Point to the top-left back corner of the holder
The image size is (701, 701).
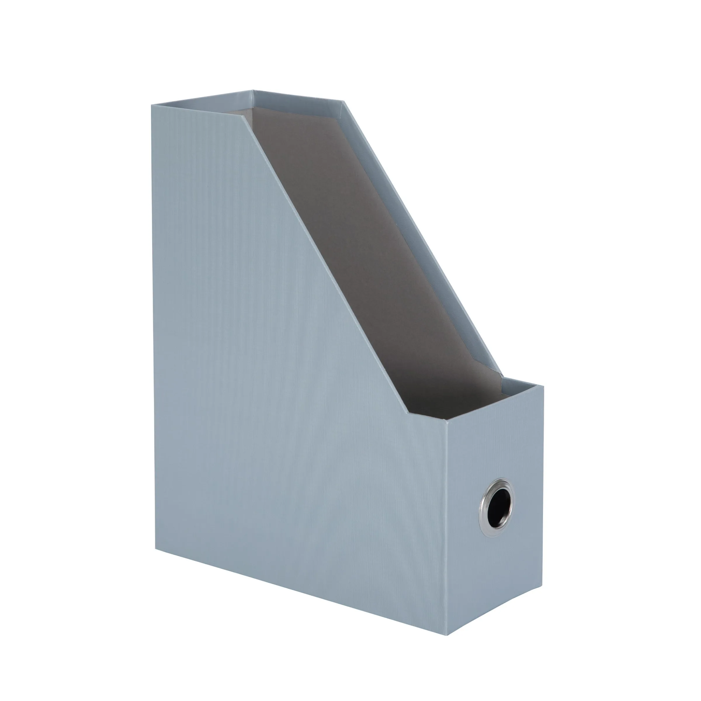click(152, 105)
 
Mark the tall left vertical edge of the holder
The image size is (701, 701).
click(153, 327)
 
